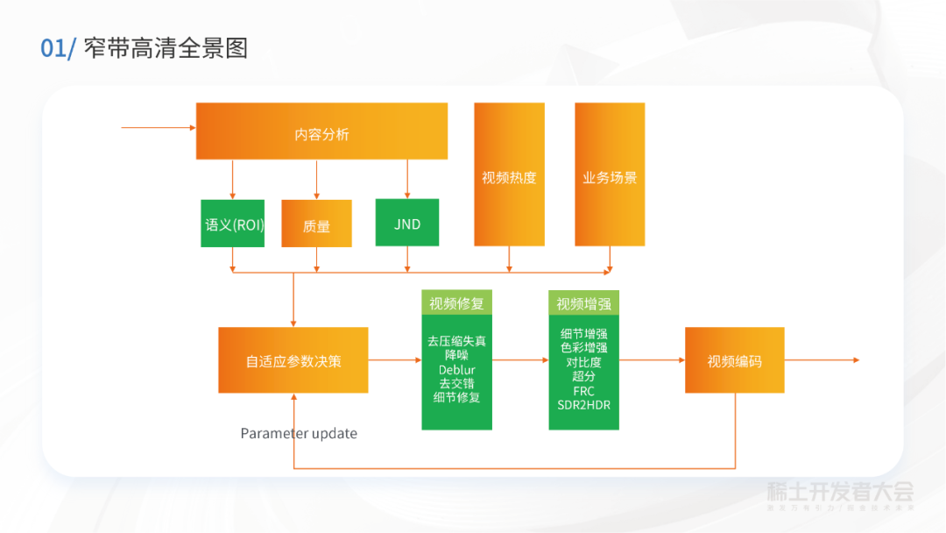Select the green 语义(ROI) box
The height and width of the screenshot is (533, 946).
[232, 224]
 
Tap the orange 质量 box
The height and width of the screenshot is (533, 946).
[316, 224]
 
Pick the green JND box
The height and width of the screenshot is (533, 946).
[407, 223]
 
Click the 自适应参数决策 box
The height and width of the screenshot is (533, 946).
[293, 360]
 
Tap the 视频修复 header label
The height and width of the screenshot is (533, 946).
[456, 303]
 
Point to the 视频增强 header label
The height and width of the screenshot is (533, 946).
[583, 303]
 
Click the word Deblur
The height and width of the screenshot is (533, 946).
[456, 370]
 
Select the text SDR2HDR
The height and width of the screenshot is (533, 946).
[583, 405]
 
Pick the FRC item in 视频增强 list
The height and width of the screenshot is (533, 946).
[583, 391]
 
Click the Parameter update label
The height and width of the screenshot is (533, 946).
[299, 433]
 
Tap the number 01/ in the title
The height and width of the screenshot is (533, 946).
[59, 48]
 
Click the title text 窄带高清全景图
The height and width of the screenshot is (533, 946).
[166, 48]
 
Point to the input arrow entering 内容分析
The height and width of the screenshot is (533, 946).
[158, 128]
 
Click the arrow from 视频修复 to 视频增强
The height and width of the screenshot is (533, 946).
[520, 360]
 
